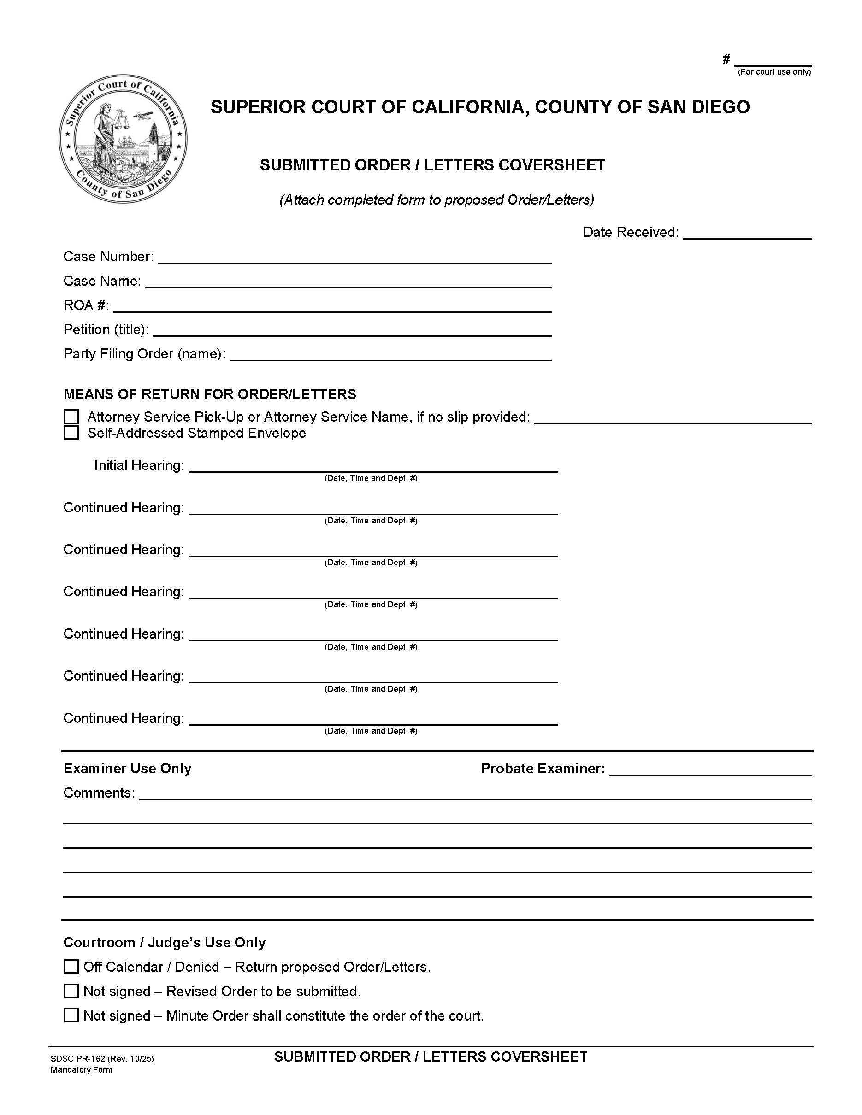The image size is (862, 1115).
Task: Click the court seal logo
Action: pos(123,138)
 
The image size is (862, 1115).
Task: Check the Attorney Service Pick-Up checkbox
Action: pos(71,417)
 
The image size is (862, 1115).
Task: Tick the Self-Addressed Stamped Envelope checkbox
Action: pos(71,433)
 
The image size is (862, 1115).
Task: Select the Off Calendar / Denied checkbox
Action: pos(71,967)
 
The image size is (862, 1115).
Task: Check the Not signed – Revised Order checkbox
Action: pos(71,991)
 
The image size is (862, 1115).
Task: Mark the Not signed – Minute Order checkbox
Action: pos(71,1015)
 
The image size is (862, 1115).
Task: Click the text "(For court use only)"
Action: pos(774,72)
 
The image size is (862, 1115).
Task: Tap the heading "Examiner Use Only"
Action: pos(127,769)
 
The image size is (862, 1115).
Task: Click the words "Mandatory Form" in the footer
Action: pos(81,1069)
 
